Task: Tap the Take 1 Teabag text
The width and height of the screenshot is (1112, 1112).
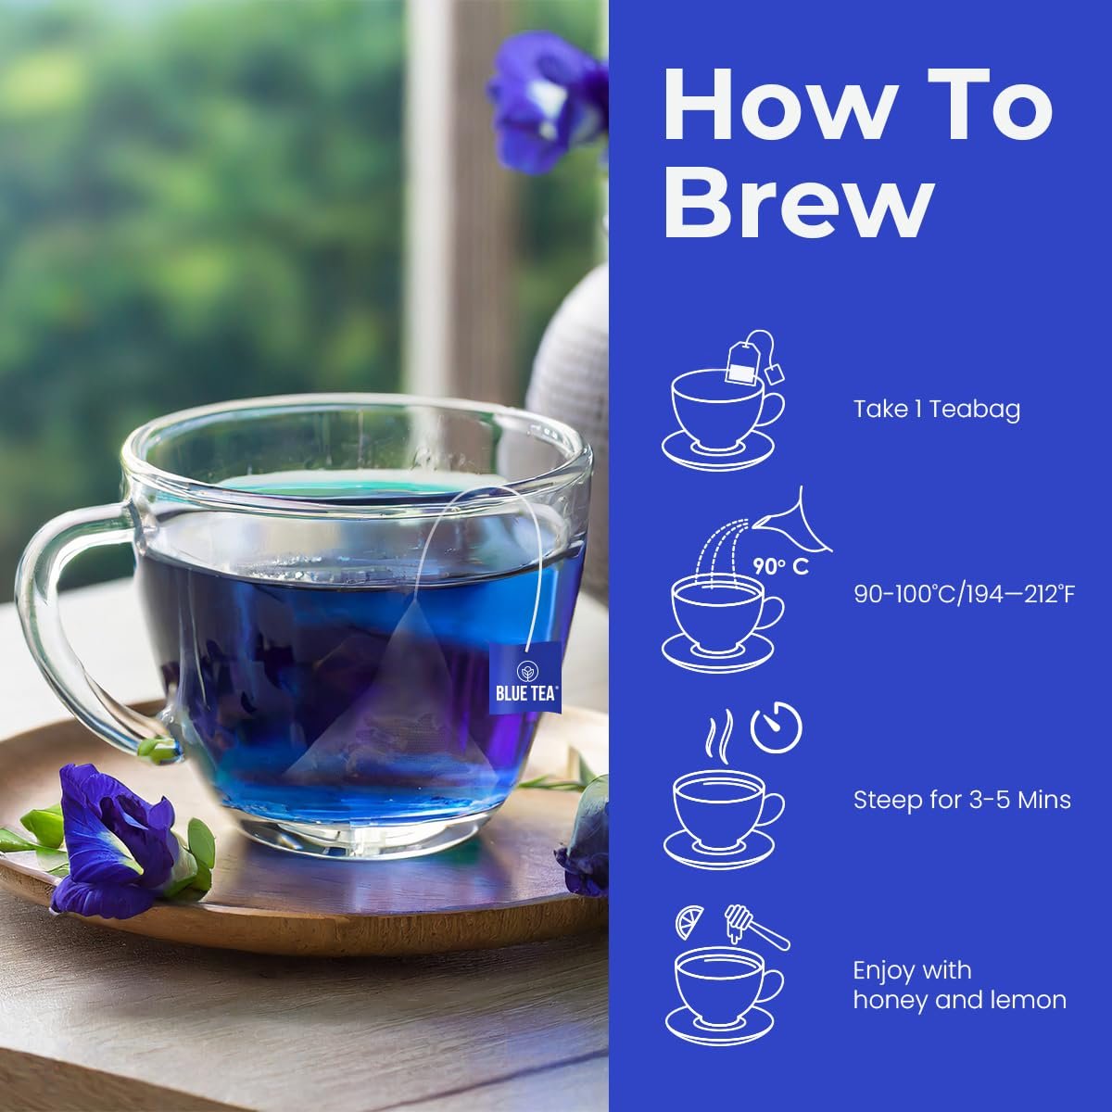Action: pyautogui.click(x=936, y=409)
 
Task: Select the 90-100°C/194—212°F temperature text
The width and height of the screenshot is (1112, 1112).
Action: pyautogui.click(x=964, y=593)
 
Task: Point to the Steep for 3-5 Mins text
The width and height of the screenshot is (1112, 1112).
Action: pyautogui.click(x=962, y=799)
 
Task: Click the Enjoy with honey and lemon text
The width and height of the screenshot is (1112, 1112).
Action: pyautogui.click(x=959, y=985)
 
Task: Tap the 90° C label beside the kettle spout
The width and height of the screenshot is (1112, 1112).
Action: pyautogui.click(x=780, y=566)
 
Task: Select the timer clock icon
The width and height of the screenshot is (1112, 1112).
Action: pyautogui.click(x=776, y=729)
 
